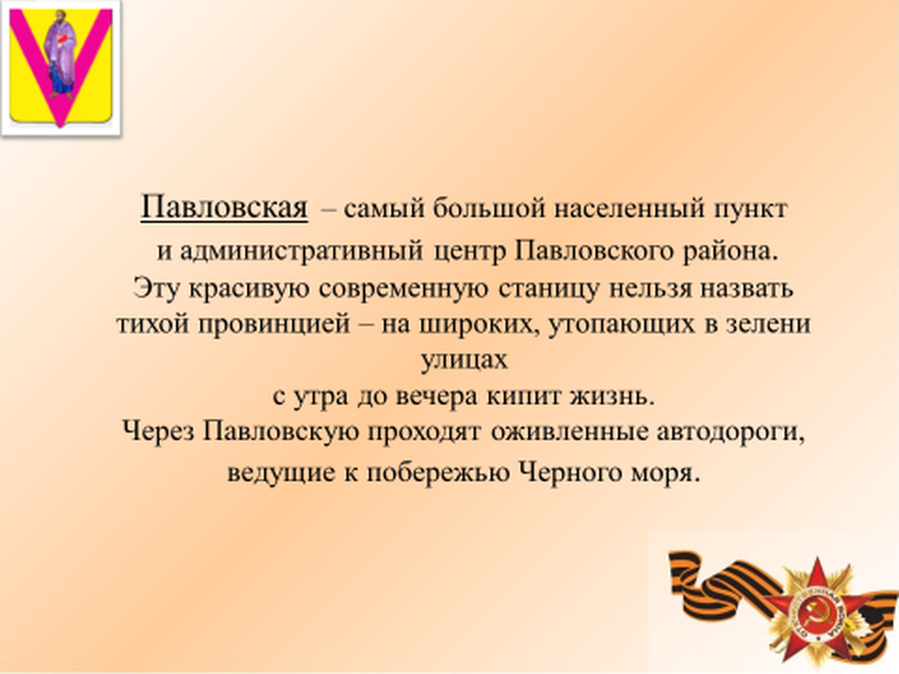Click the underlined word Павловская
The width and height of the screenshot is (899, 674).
click(224, 207)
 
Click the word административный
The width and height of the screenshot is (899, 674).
click(302, 252)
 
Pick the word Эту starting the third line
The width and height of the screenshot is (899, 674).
click(156, 288)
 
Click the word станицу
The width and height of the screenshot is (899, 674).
click(549, 289)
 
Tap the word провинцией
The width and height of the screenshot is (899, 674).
click(274, 325)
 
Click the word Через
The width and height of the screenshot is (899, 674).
click(158, 432)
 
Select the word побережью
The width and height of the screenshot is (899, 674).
click(438, 473)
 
